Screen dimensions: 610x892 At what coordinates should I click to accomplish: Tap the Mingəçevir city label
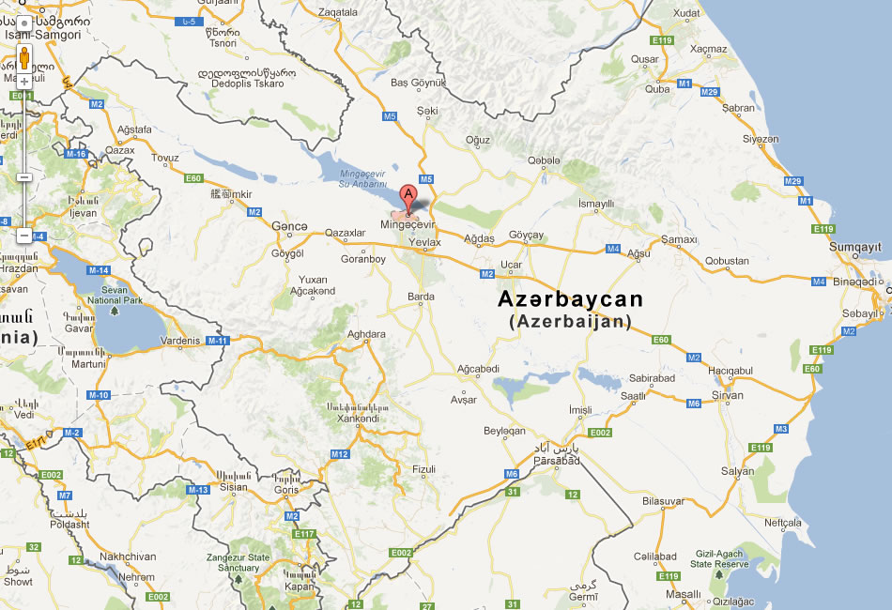(x=408, y=225)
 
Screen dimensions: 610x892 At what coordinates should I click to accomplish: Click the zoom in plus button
(x=24, y=81)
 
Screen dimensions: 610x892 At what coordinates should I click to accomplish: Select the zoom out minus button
(x=24, y=236)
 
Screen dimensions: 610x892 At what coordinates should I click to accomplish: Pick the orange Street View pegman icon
(x=24, y=58)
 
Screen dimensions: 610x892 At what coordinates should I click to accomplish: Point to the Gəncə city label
(x=289, y=227)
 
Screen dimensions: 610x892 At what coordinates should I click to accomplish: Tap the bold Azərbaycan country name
(x=571, y=299)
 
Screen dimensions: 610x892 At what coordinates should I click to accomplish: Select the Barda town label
(x=422, y=297)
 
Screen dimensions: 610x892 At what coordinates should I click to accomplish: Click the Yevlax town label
(x=425, y=242)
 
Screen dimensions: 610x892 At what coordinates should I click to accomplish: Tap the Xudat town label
(x=687, y=13)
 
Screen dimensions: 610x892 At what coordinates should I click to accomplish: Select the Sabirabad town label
(x=653, y=378)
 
